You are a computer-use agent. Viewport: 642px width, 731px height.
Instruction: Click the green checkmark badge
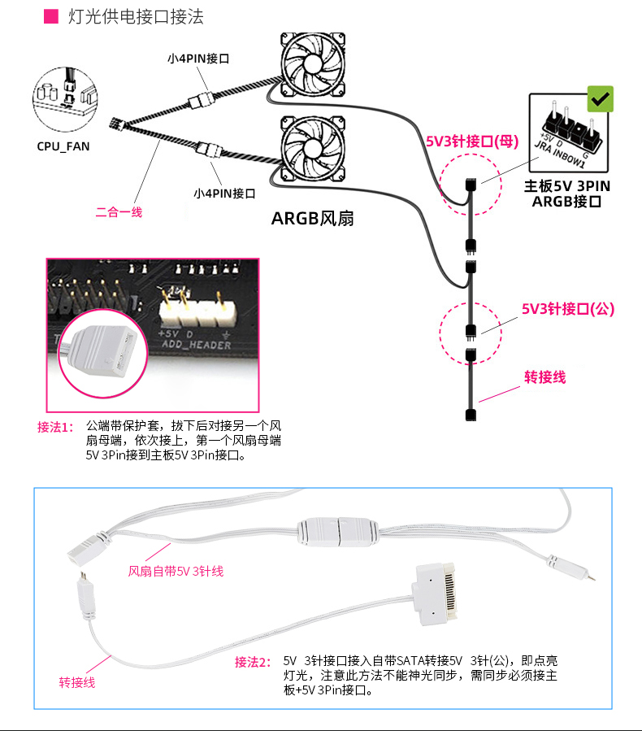click(x=601, y=98)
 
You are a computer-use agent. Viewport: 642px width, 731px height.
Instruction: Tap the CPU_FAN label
click(x=63, y=147)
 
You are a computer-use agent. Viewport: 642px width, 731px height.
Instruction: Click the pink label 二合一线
click(x=119, y=212)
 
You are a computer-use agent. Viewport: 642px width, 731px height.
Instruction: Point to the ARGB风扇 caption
click(x=313, y=218)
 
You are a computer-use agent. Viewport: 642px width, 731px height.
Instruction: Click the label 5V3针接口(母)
click(x=472, y=141)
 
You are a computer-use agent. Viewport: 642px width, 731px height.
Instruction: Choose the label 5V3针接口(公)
click(x=568, y=309)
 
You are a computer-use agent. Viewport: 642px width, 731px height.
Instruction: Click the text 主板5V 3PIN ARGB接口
click(x=567, y=194)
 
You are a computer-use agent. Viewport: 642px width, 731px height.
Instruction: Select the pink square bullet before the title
click(x=50, y=15)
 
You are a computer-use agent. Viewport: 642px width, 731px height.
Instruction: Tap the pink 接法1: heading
click(x=54, y=427)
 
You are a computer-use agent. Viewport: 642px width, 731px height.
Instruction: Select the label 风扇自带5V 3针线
click(x=176, y=572)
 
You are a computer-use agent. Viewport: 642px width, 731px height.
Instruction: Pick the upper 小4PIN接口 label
click(x=199, y=59)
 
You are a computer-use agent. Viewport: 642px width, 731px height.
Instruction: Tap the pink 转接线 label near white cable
click(x=77, y=682)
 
